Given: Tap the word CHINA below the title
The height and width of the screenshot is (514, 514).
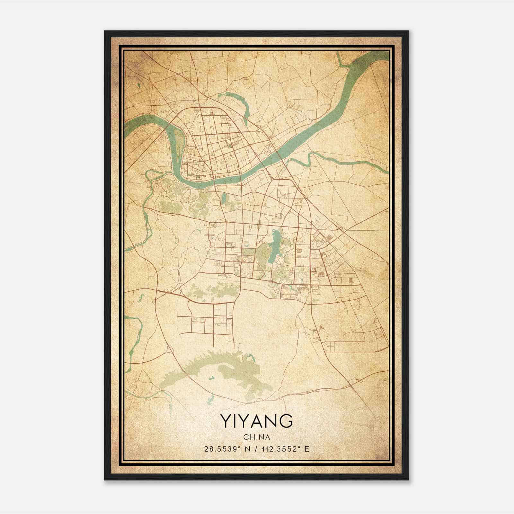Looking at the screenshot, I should point(256,437).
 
